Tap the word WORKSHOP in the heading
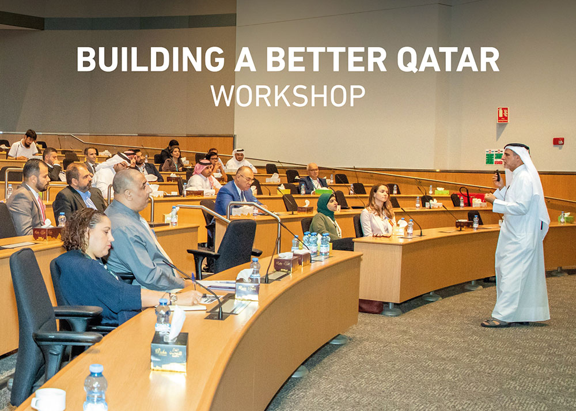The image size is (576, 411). [x=288, y=96]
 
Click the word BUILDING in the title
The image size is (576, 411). [x=150, y=59]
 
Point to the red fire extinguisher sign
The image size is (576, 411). [x=503, y=115]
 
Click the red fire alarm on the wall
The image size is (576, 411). [x=558, y=141]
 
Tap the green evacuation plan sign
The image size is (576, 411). [x=494, y=157]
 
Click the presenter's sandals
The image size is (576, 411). [x=497, y=323]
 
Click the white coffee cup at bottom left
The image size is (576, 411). [x=50, y=399]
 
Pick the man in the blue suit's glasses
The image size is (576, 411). [x=245, y=179]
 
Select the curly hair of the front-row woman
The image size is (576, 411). [x=81, y=227]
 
